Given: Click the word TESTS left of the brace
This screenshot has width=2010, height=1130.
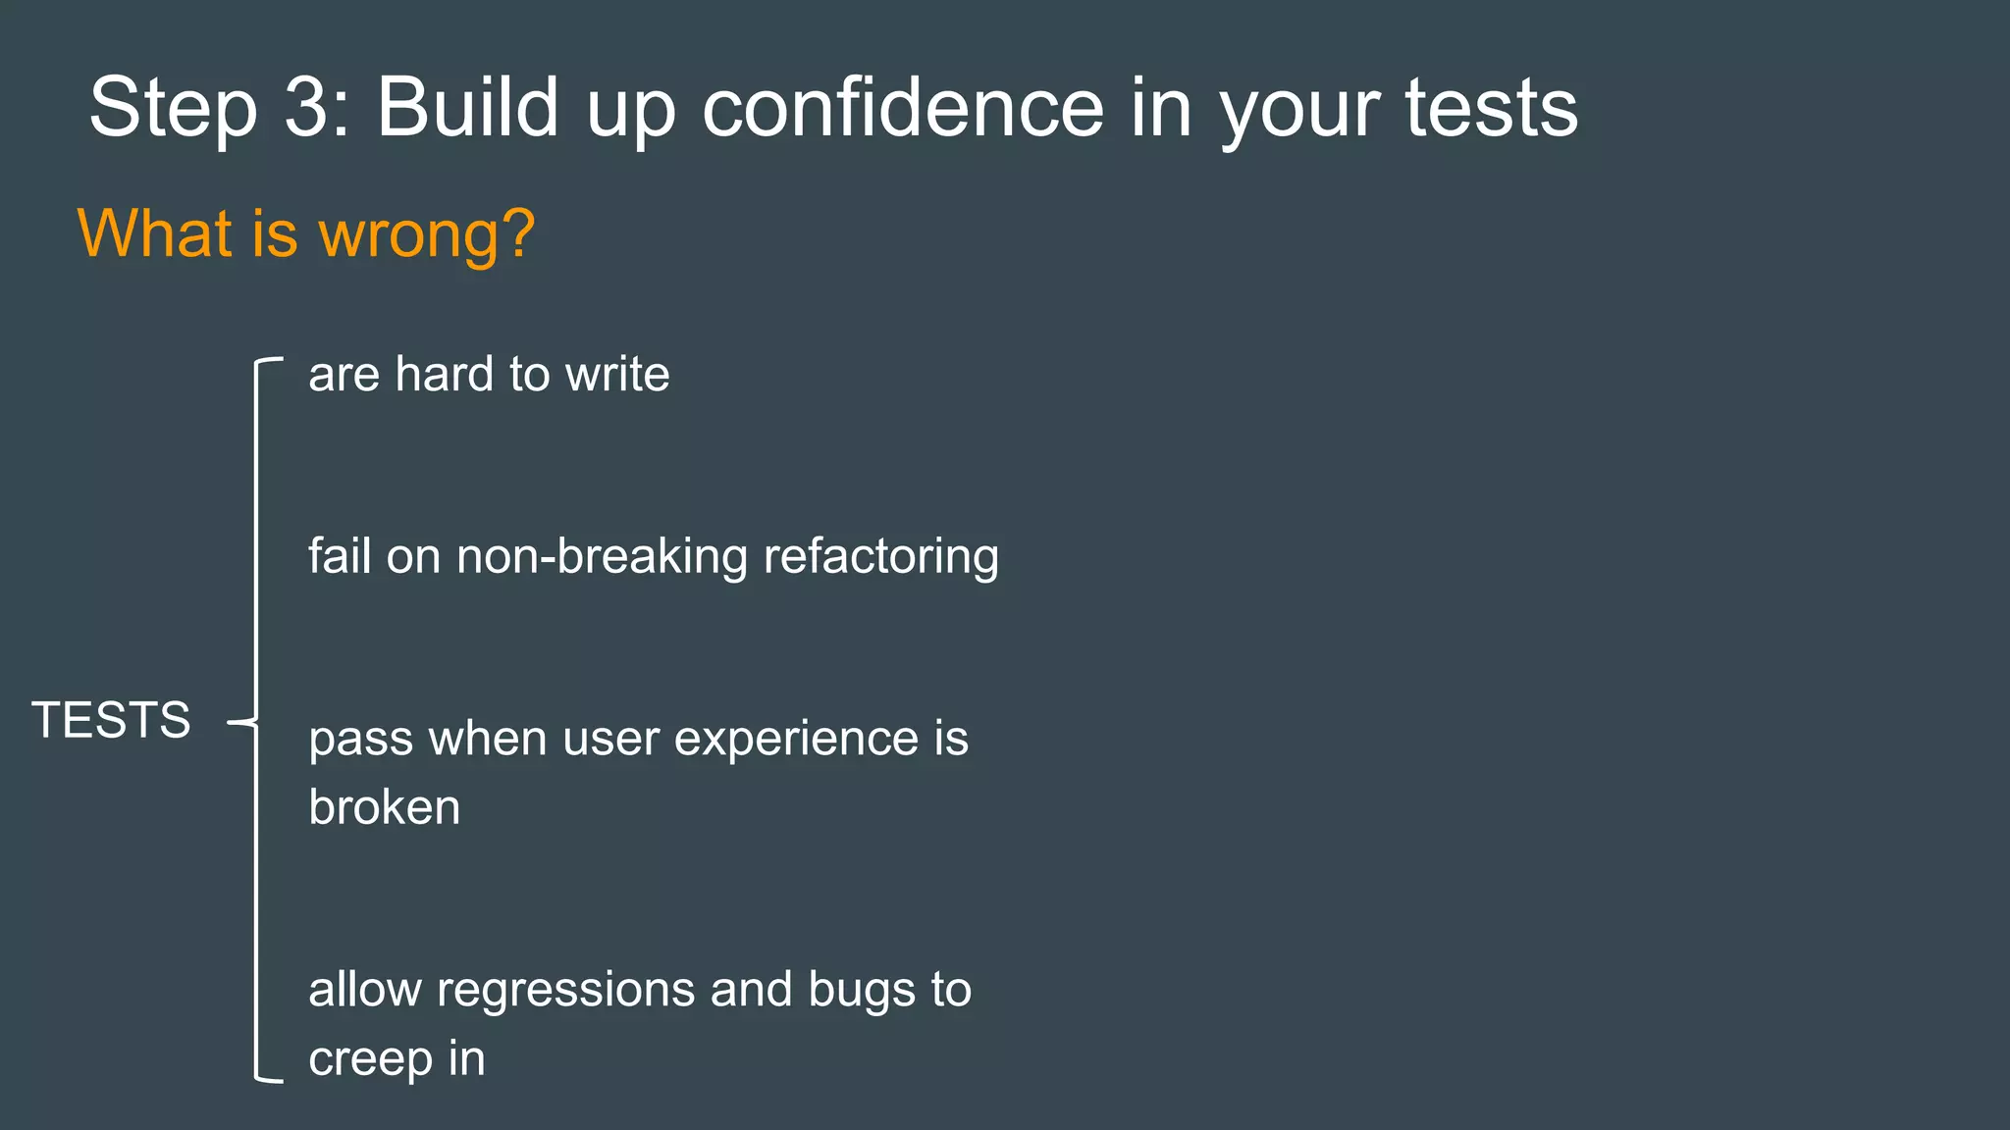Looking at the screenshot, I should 111,720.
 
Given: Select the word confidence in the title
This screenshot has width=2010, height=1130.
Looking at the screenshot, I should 903,108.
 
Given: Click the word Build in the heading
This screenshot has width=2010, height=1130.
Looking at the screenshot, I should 467,108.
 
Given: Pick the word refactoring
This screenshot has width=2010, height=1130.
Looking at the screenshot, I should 880,556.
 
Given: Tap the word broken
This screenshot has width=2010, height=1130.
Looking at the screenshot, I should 384,808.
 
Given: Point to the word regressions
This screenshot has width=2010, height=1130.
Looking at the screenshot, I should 566,990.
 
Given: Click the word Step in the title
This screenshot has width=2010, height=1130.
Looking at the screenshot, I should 173,110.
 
